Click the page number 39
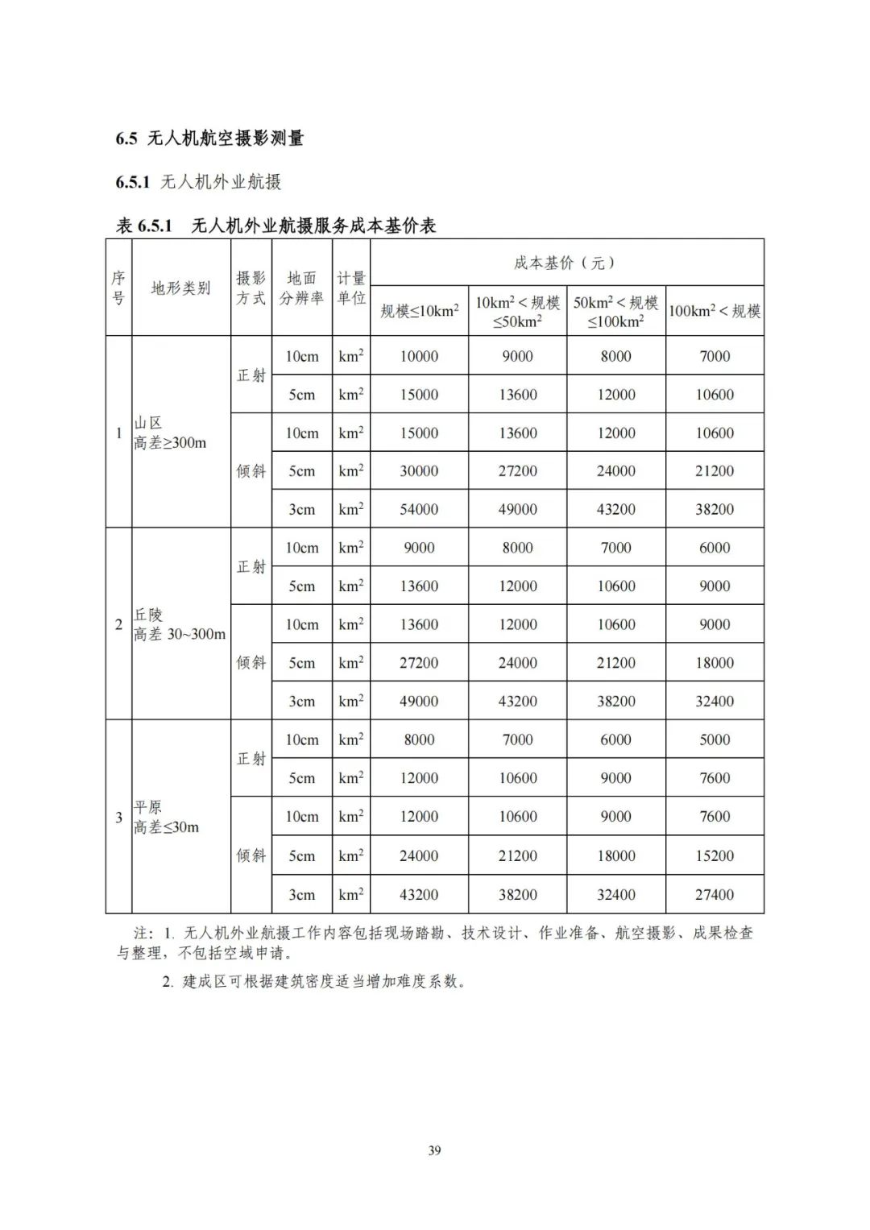(x=434, y=1150)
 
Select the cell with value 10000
(x=419, y=356)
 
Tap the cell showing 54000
(x=419, y=509)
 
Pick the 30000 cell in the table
(x=419, y=471)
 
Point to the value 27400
(x=715, y=894)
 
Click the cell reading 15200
(x=715, y=855)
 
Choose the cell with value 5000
(x=715, y=739)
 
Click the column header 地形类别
(x=180, y=288)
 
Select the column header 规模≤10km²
(x=419, y=311)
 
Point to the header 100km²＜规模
(x=715, y=311)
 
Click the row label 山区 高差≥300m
(x=170, y=433)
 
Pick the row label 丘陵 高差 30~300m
(x=179, y=624)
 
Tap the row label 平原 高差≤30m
(x=166, y=817)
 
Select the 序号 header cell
(x=118, y=288)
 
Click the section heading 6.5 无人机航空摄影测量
(x=209, y=139)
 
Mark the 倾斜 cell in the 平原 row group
(x=251, y=855)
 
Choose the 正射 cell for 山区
(x=251, y=375)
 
